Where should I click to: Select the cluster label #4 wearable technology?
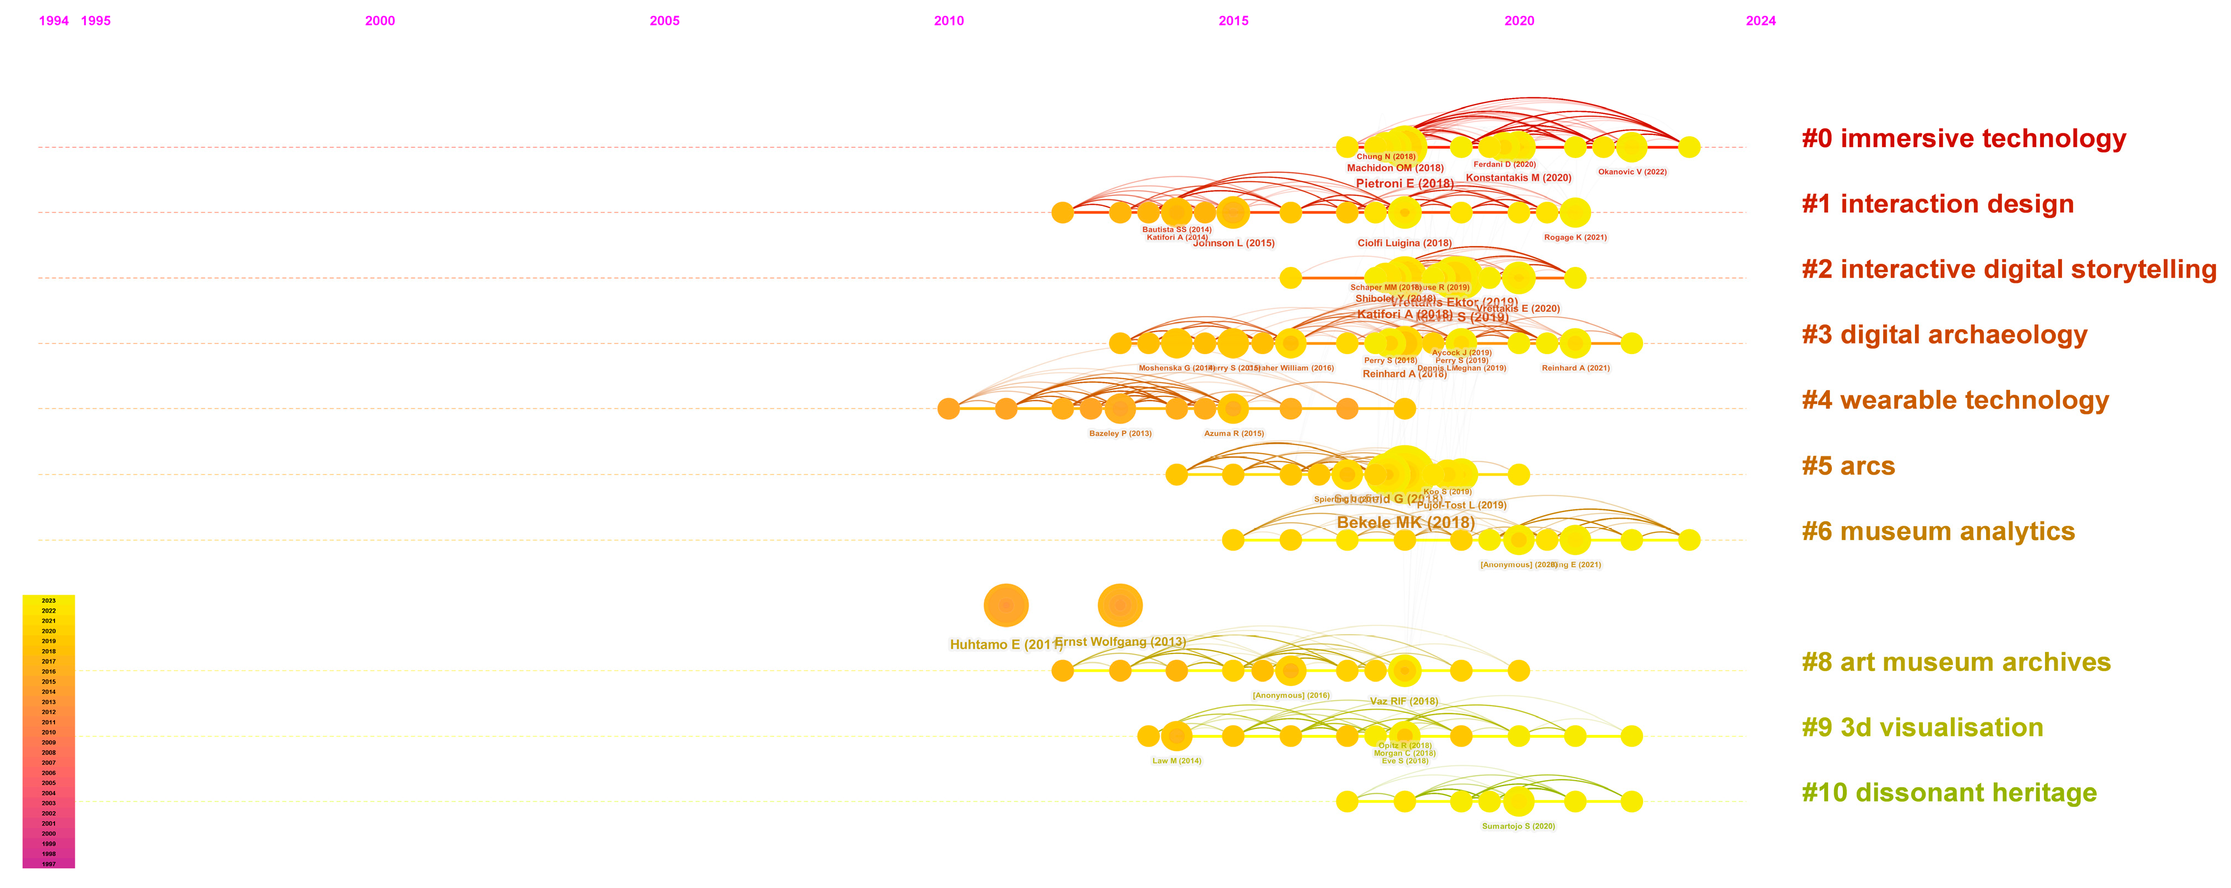(1955, 400)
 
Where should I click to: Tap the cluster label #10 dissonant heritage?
(1949, 793)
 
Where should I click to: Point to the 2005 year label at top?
(664, 21)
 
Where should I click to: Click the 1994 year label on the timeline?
(54, 21)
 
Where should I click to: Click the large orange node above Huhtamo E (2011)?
(1006, 604)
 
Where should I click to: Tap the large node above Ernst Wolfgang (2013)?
(1120, 604)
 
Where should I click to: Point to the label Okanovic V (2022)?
(1632, 172)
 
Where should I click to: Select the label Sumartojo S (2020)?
(1518, 826)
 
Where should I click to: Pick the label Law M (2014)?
(1176, 761)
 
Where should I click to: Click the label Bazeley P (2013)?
(1120, 433)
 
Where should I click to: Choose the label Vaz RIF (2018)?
(1403, 701)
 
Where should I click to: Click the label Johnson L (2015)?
(1233, 243)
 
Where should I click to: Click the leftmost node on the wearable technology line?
(948, 408)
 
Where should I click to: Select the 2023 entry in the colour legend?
(48, 601)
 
